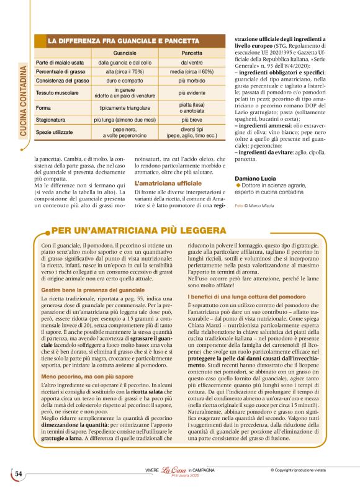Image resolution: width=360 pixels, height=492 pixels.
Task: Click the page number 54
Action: click(x=18, y=473)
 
